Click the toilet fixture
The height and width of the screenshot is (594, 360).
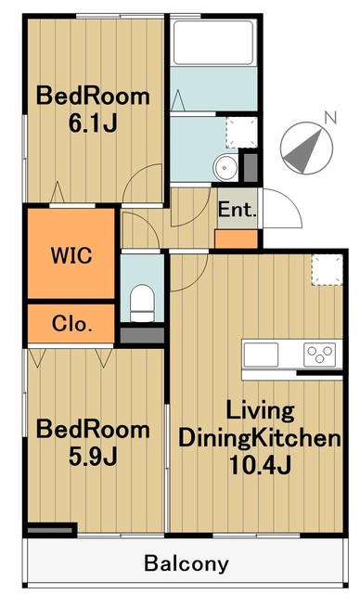142,303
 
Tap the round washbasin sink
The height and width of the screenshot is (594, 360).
225,168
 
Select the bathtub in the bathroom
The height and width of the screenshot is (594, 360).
213,43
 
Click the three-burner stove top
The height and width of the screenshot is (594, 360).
319,355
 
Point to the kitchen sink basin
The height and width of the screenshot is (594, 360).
261,355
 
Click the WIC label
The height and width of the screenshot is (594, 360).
71,255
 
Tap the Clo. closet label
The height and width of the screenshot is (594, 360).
72,324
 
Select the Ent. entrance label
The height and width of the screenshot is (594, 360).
237,210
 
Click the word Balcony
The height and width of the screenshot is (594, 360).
186,563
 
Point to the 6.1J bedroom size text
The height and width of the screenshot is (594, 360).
93,123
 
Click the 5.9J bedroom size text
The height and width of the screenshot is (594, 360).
93,457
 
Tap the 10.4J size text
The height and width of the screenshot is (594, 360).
260,465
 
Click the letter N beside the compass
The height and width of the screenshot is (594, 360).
330,118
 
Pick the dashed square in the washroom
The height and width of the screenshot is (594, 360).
242,133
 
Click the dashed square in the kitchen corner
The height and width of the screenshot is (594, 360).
328,269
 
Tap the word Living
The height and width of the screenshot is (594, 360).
260,411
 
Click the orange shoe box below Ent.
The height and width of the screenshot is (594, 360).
237,239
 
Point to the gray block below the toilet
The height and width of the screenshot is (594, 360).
142,336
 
